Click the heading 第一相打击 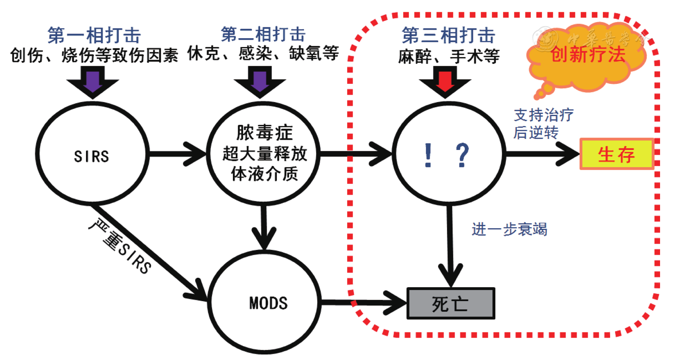point(94,35)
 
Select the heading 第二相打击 point(263,34)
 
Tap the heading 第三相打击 point(448,35)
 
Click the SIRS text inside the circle point(91,157)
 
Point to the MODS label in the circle point(268,303)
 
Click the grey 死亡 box point(450,304)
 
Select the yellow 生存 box point(616,154)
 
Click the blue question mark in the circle point(462,155)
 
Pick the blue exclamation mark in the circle point(428,155)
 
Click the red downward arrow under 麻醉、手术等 point(445,82)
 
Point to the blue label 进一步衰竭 point(509,229)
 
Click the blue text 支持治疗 point(544,115)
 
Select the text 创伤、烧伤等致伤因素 point(94,55)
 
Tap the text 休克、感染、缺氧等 point(263,53)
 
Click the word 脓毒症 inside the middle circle point(264,133)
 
